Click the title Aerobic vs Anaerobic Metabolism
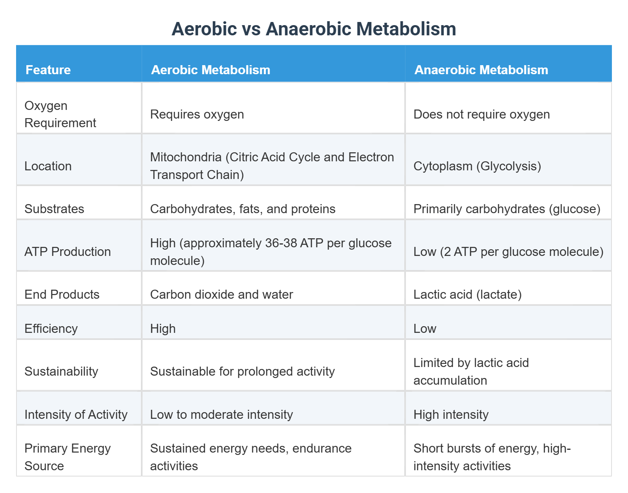click(x=314, y=29)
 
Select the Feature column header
click(x=48, y=70)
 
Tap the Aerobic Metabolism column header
click(x=210, y=70)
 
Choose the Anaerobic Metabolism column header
click(x=481, y=70)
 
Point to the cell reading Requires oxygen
click(x=197, y=114)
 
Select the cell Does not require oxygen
click(x=481, y=114)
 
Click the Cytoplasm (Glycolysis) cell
click(x=477, y=166)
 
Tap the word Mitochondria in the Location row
click(x=186, y=157)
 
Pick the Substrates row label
click(x=54, y=209)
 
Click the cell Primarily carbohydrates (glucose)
click(x=507, y=209)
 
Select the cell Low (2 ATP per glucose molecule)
click(x=508, y=252)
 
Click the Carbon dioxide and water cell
click(x=221, y=294)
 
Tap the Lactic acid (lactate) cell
click(x=467, y=294)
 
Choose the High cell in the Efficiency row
click(x=162, y=329)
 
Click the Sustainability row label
click(x=61, y=371)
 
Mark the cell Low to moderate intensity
click(x=221, y=414)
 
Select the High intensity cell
click(x=451, y=414)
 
